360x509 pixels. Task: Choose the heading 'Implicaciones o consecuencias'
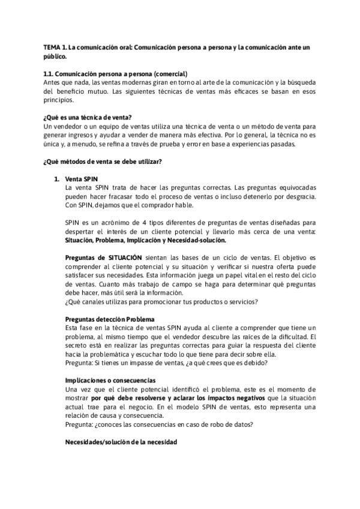(110, 381)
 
